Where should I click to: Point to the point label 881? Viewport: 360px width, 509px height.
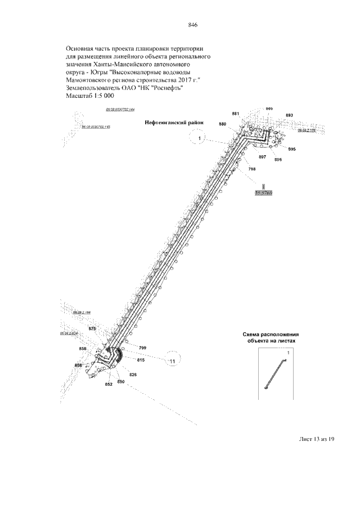pyautogui.click(x=236, y=114)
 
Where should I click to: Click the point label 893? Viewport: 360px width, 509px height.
pyautogui.click(x=289, y=115)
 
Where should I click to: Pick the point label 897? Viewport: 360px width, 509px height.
pyautogui.click(x=262, y=157)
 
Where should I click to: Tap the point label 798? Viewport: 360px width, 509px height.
pyautogui.click(x=251, y=169)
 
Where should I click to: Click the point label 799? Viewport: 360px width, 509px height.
pyautogui.click(x=143, y=348)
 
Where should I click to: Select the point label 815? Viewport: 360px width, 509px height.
pyautogui.click(x=141, y=359)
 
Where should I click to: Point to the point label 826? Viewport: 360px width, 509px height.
pyautogui.click(x=133, y=374)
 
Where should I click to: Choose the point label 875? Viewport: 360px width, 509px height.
pyautogui.click(x=93, y=328)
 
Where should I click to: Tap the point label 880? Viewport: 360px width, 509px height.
pyautogui.click(x=223, y=124)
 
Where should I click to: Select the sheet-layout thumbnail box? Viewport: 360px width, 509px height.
pyautogui.click(x=274, y=373)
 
